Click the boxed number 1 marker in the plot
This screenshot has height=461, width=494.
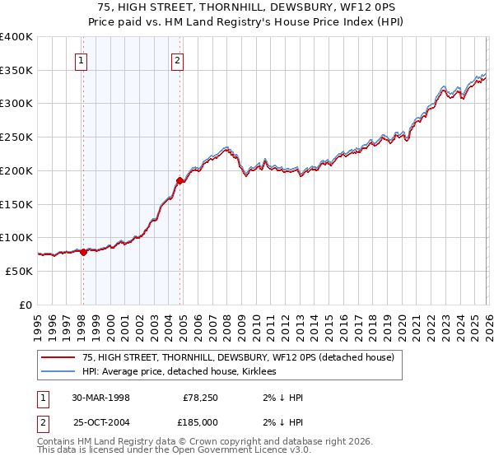(82, 59)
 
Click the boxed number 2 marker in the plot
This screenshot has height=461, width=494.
(178, 59)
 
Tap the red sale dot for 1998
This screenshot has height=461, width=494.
(83, 252)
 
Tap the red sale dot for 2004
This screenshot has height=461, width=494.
(180, 180)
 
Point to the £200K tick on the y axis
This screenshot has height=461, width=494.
(16, 170)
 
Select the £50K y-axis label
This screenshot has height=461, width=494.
(20, 271)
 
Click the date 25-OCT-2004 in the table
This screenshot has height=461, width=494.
(100, 421)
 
